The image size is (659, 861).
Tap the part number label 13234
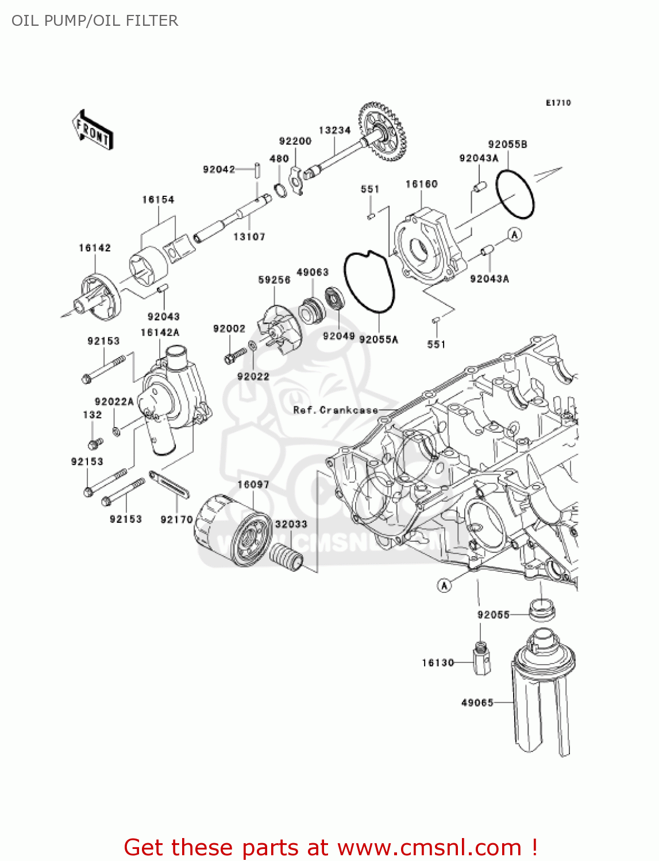pos(334,130)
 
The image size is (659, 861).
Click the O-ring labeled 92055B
pos(515,194)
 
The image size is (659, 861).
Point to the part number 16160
pos(421,184)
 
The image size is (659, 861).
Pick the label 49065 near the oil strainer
pos(477,703)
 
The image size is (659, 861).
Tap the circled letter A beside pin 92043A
pos(515,234)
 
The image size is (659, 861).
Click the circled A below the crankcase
pos(444,585)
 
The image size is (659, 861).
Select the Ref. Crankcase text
pos(336,410)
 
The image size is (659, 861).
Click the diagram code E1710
pos(558,103)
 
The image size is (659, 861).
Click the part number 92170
pos(176,519)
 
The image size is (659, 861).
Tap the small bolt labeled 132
pos(94,444)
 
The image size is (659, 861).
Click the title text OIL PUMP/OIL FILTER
pos(95,21)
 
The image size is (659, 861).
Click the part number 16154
pos(158,199)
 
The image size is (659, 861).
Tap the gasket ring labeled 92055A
pos(369,282)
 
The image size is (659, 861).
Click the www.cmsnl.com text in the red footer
pos(429,847)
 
